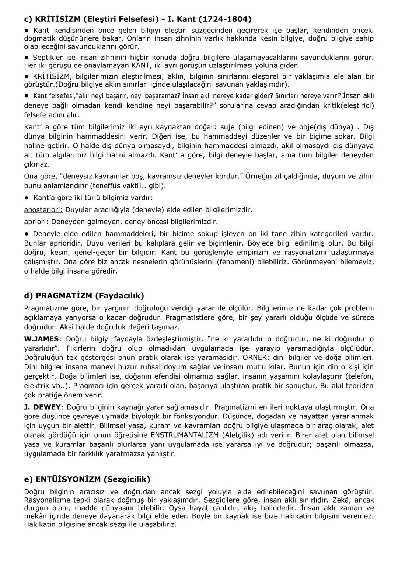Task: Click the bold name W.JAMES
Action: click(x=42, y=339)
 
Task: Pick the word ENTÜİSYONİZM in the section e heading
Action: click(x=68, y=479)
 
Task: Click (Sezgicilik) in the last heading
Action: click(x=127, y=479)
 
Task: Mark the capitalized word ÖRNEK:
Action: click(x=256, y=357)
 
